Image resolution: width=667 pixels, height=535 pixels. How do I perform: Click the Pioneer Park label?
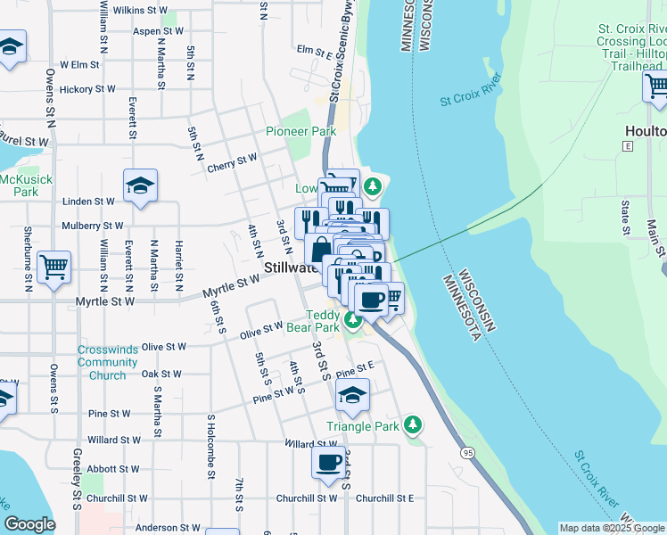[301, 131]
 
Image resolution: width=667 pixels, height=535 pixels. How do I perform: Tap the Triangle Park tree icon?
[412, 425]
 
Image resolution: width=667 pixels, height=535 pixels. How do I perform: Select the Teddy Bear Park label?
[323, 321]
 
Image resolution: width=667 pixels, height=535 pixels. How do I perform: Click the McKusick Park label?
[19, 185]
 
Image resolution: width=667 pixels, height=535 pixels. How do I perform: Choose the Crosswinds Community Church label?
[107, 363]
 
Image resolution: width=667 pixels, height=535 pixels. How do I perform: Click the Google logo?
[29, 524]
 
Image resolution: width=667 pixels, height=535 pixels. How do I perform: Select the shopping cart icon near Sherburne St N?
[54, 266]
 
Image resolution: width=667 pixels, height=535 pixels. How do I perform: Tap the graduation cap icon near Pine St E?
[353, 395]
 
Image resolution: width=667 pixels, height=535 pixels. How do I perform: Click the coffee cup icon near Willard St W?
[328, 463]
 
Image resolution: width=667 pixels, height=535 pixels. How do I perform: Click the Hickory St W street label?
[87, 89]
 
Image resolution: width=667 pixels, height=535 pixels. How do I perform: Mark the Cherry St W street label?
[232, 167]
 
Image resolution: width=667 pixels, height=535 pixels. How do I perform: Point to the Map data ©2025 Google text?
[611, 528]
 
